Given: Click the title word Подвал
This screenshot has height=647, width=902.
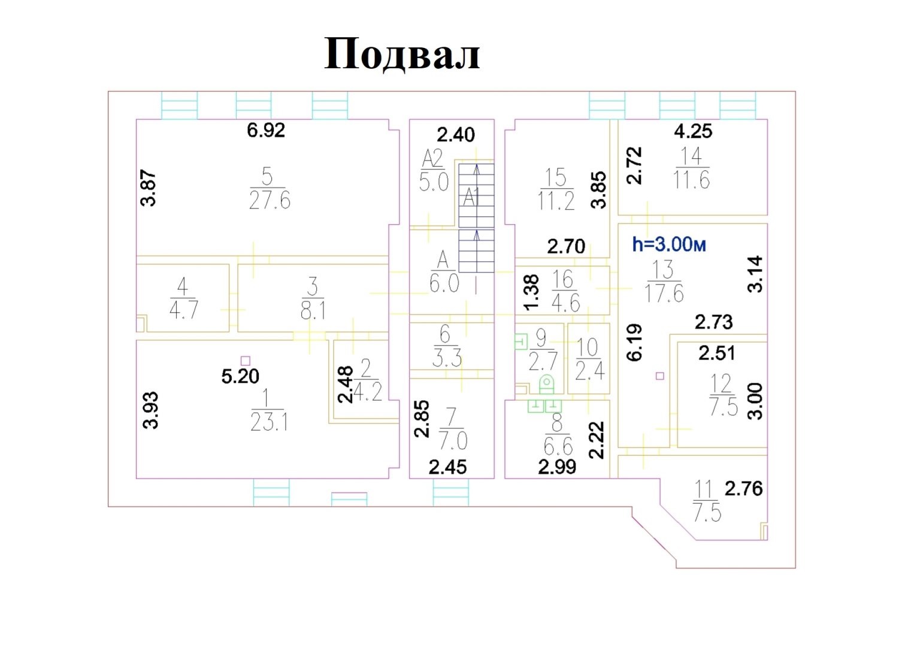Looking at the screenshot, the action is (402, 55).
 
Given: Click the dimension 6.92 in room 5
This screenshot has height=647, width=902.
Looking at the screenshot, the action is (266, 130).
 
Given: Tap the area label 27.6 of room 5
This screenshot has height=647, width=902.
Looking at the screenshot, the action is (270, 200).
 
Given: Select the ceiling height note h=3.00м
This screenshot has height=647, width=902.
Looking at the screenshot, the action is (669, 244).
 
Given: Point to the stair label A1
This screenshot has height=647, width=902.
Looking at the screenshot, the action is (471, 198).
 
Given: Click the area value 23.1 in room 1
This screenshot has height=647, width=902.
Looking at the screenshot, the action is (269, 422).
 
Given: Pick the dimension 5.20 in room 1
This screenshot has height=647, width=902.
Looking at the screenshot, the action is (240, 376).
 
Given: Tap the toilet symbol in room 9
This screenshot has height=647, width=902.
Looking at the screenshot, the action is (546, 384).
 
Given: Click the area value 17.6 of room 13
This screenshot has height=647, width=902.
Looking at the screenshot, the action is (664, 294).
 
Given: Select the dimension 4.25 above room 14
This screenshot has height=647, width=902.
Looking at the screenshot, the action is (693, 131).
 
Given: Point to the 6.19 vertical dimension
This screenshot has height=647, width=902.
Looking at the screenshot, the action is (635, 342).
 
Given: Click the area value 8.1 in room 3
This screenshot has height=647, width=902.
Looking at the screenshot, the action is (313, 310).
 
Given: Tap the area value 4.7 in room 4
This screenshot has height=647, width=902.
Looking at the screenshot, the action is (184, 310).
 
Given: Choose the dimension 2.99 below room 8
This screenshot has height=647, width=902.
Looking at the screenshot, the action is (557, 467).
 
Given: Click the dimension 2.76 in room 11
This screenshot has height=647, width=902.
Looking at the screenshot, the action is (744, 489).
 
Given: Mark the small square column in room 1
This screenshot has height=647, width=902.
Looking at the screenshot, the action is (245, 361).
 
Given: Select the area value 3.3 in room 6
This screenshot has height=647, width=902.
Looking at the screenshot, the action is (447, 358).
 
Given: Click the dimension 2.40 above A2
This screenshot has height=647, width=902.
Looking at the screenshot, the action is (456, 135).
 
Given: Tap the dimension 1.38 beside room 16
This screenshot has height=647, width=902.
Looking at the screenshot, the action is (531, 292).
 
